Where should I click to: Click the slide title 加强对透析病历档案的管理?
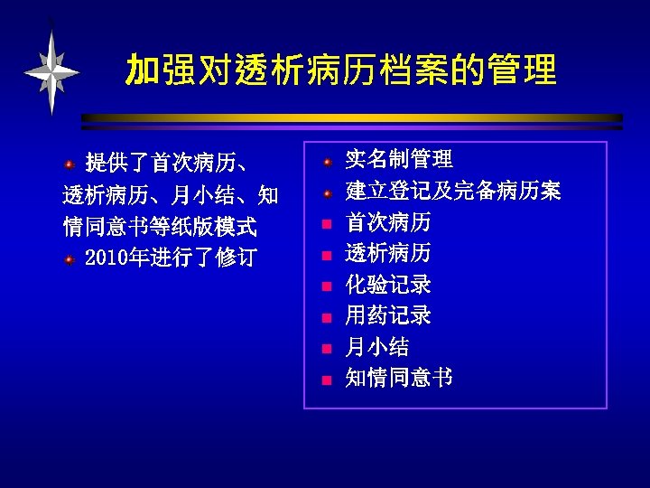click(341, 70)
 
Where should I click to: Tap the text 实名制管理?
click(399, 160)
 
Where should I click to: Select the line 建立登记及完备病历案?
click(453, 191)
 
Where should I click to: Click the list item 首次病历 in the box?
click(388, 222)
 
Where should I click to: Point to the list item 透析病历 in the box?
click(388, 253)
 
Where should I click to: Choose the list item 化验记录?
click(388, 285)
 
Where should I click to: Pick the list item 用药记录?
click(388, 315)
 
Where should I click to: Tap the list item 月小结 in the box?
click(377, 347)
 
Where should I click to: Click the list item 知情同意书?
click(399, 378)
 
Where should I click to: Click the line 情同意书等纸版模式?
click(160, 226)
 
